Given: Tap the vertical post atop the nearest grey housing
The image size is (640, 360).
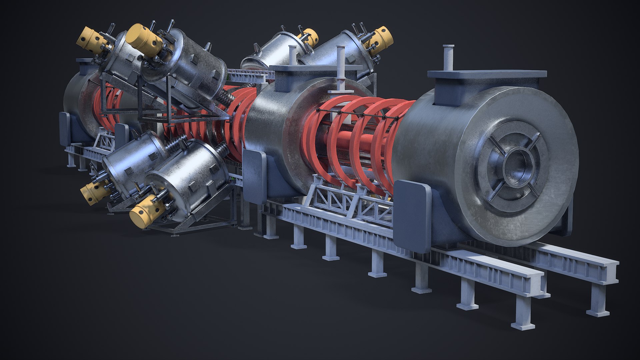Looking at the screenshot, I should click(x=448, y=58).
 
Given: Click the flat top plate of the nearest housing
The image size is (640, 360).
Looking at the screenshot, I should click(x=487, y=75).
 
